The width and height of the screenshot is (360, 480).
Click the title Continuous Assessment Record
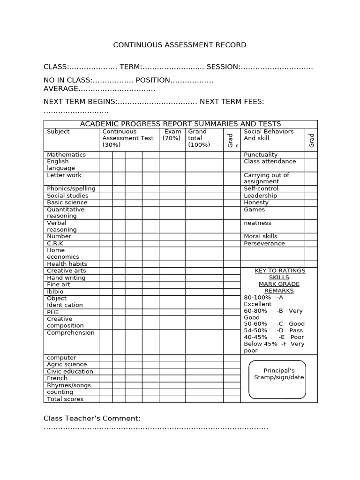[180, 45]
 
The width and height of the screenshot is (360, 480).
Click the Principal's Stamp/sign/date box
[277, 379]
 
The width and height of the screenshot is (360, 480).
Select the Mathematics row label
[66, 154]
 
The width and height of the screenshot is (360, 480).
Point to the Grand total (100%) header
[199, 138]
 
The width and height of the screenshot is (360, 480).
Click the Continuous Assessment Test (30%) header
[127, 138]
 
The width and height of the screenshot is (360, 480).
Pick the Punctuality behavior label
[261, 154]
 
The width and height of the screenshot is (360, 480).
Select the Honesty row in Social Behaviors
[256, 202]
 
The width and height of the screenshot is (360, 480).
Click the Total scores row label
[65, 399]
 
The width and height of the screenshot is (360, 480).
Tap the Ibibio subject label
[55, 292]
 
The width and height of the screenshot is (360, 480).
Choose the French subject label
[57, 378]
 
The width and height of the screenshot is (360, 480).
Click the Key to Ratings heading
[279, 270]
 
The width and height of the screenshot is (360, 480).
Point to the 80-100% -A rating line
[263, 297]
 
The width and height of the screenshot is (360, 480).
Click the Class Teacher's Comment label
[92, 418]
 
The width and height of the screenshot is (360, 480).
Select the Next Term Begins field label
[80, 102]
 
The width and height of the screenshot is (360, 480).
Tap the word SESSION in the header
[223, 67]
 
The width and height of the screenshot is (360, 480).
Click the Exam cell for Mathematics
[172, 154]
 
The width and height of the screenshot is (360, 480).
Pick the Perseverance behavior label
[264, 243]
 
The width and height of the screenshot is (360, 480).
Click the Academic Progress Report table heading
[180, 124]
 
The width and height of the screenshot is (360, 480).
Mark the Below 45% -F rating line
[274, 344]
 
